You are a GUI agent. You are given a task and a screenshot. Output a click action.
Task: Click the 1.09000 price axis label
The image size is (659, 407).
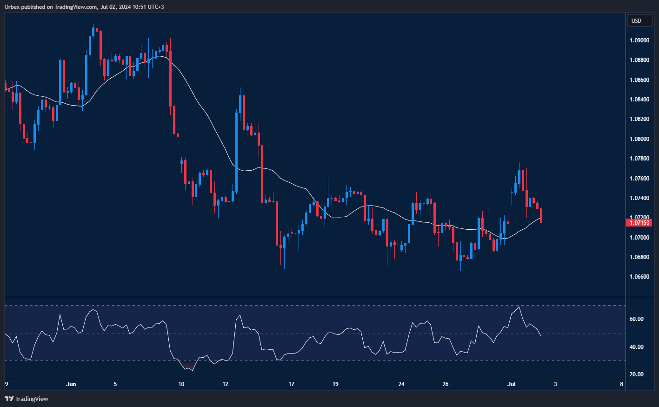click(639, 40)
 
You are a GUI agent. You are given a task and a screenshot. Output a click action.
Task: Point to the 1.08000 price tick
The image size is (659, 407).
click(639, 139)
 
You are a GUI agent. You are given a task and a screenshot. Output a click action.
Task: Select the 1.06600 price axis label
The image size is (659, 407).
click(639, 277)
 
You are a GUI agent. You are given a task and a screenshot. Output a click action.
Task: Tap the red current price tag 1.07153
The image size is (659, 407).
click(639, 223)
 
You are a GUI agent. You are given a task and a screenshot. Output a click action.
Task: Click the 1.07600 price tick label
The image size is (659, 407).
click(639, 179)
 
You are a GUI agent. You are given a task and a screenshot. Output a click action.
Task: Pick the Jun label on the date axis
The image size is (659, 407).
click(71, 384)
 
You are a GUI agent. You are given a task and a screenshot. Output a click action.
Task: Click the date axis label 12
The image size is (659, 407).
click(226, 384)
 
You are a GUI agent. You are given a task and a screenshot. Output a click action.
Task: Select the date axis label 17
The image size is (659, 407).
click(292, 384)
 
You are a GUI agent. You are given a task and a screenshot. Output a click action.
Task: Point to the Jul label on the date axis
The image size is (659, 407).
click(512, 384)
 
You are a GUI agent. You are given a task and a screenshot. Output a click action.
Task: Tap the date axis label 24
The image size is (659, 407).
click(401, 384)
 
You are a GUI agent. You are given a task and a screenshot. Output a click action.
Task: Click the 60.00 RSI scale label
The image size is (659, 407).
click(637, 319)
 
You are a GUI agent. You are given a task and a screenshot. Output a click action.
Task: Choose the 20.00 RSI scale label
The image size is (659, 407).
click(637, 374)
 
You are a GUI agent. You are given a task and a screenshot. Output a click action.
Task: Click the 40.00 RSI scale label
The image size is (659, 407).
click(637, 347)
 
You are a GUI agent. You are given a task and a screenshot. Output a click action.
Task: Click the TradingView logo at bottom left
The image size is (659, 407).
click(27, 399)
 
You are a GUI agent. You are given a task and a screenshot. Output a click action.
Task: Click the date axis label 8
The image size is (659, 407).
click(622, 384)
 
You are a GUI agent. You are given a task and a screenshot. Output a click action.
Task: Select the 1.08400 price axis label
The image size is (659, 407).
click(639, 100)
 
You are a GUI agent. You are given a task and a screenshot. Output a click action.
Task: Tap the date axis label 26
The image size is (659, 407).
click(446, 384)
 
